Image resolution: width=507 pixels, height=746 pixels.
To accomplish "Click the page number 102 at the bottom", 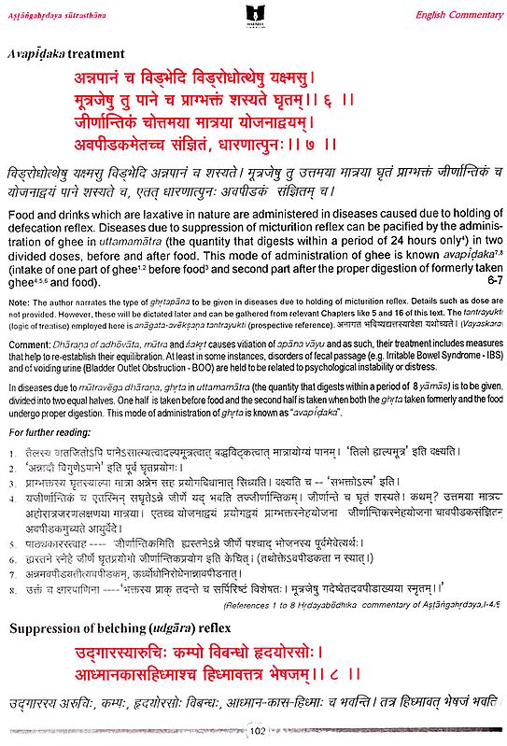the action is coord(253,734).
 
